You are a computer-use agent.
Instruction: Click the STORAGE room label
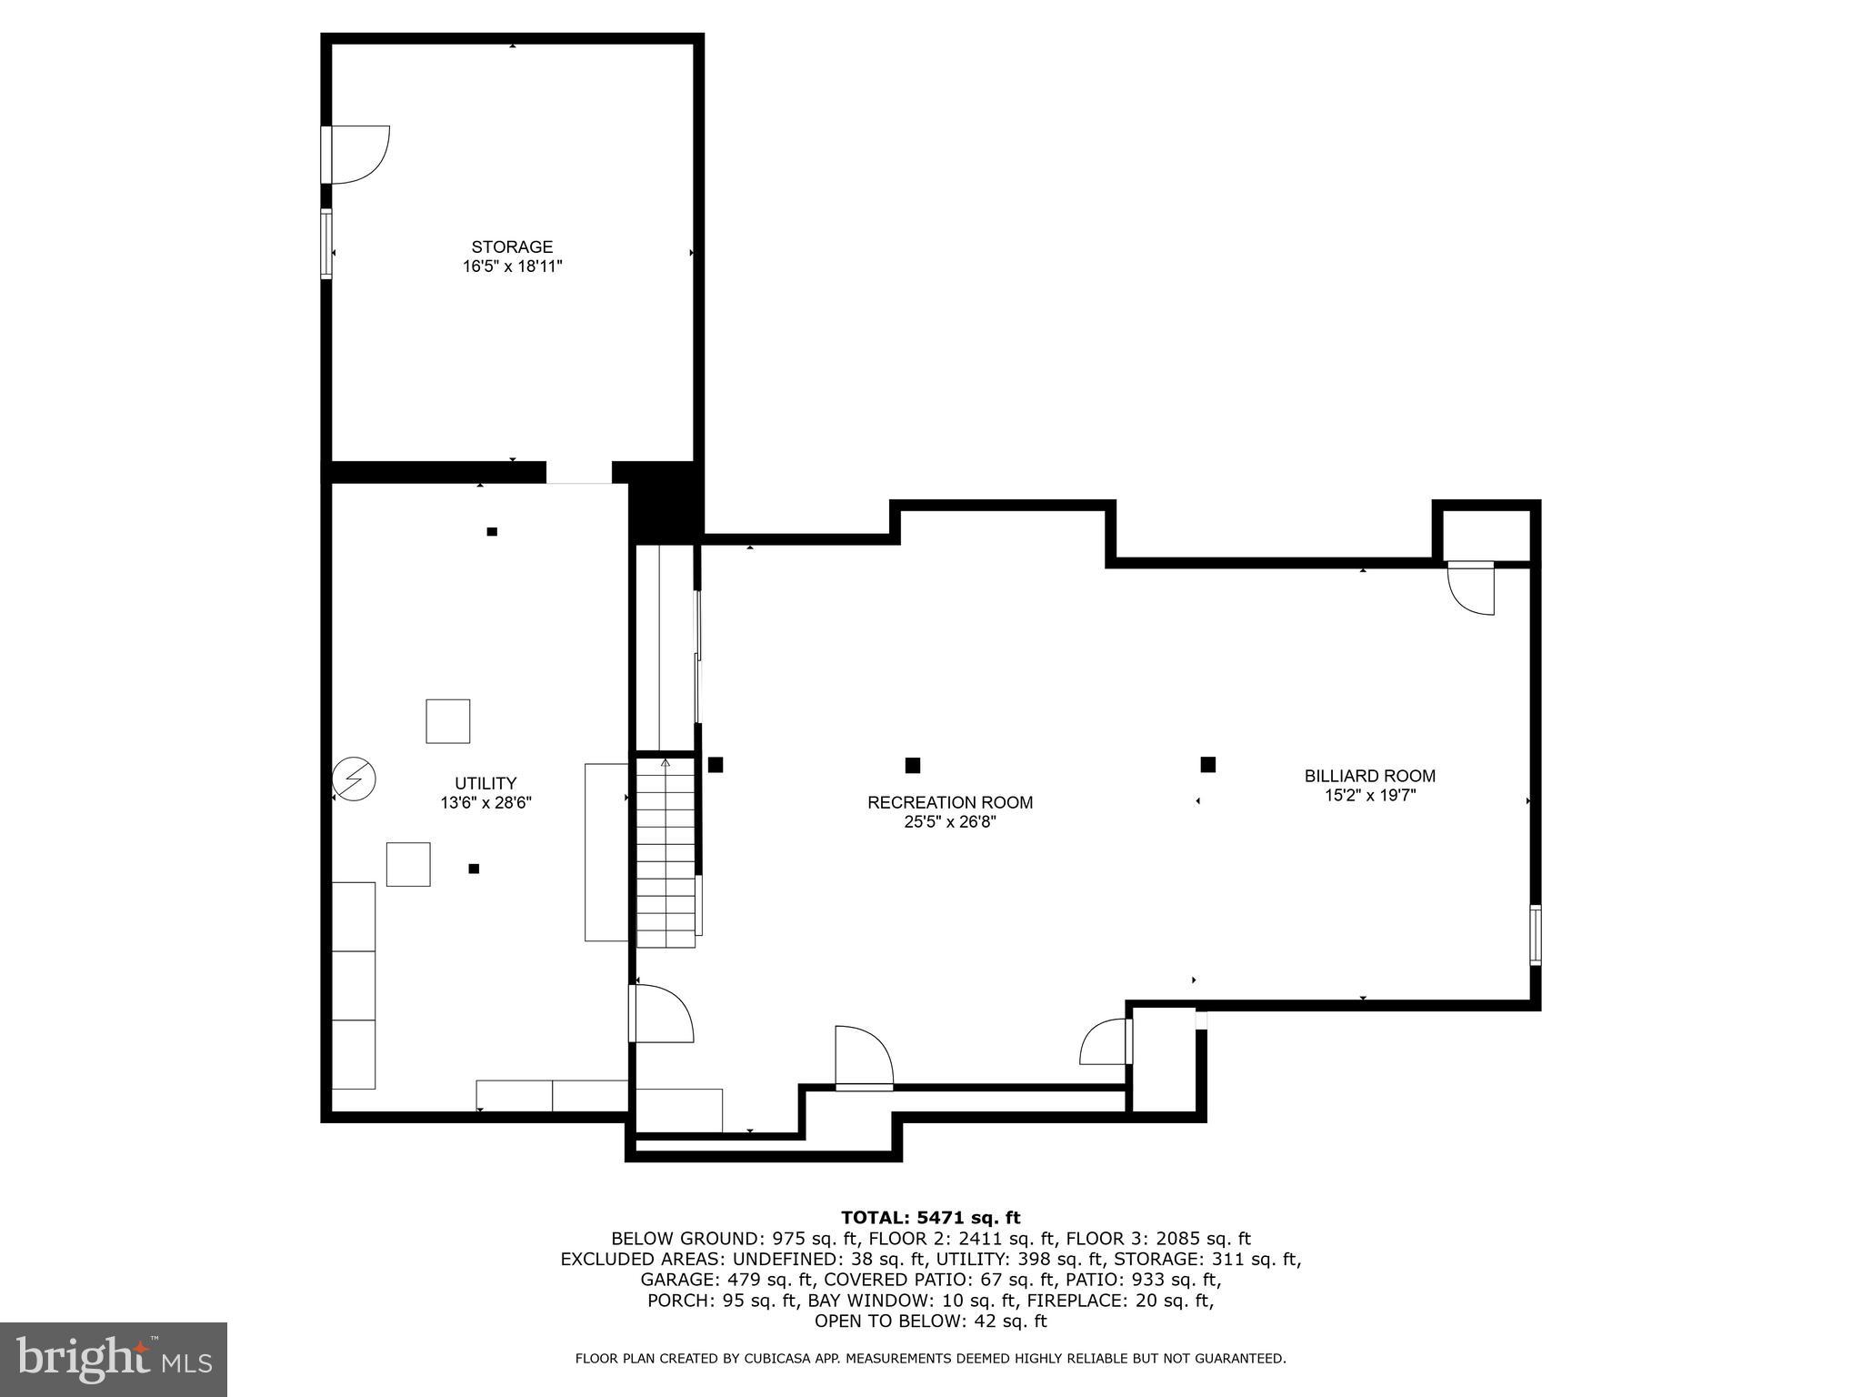coord(512,246)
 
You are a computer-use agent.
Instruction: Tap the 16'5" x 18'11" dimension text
coord(512,266)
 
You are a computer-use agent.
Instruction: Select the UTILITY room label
coord(486,783)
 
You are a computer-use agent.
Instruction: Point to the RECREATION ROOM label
coord(950,802)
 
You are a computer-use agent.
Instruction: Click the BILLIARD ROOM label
coord(1369,776)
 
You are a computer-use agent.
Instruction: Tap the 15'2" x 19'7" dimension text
coord(1369,796)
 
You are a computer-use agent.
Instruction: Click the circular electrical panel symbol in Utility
coord(354,779)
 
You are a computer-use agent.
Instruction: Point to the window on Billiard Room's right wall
coord(1535,934)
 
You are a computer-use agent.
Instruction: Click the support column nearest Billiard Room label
coord(1207,764)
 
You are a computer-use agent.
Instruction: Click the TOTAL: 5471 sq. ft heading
coord(930,1218)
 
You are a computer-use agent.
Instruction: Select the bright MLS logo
coord(114,1359)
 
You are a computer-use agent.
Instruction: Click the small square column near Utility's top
coord(492,531)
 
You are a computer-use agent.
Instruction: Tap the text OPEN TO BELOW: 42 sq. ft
coord(930,1321)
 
